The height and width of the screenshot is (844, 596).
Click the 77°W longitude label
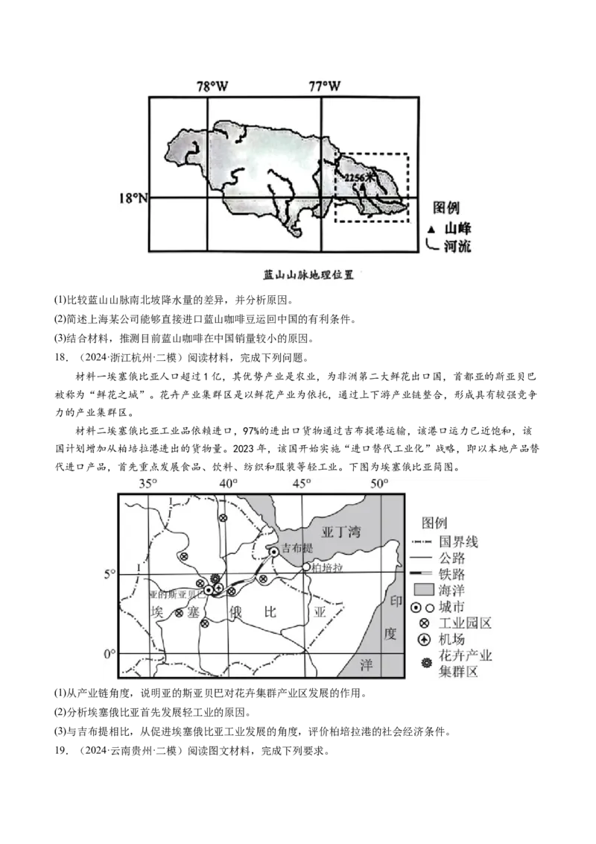(325, 86)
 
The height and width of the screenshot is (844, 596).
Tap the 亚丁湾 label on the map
(340, 532)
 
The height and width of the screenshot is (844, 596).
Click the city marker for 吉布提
(274, 551)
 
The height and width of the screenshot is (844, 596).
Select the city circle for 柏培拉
(306, 567)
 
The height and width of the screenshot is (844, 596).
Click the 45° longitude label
(302, 484)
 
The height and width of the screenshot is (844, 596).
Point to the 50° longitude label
(380, 484)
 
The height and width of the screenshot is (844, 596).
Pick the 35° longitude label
(148, 484)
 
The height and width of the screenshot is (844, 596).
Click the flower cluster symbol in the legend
(426, 663)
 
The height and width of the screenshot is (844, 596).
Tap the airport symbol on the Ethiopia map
(218, 589)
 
